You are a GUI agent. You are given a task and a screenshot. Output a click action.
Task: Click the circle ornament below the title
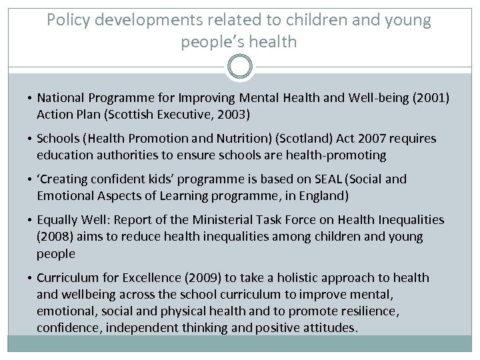click(240, 67)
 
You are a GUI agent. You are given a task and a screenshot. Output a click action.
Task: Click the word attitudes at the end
click(326, 327)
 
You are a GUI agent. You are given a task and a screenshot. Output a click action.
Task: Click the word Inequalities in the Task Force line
click(411, 220)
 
